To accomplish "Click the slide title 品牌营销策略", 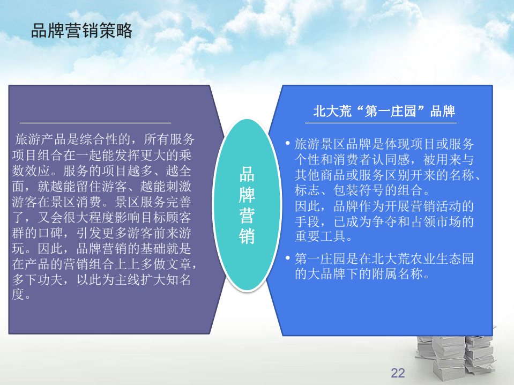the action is tap(81, 31).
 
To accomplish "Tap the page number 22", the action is tap(398, 373).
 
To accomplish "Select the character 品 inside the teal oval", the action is tap(247, 174).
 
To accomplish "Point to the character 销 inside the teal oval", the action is tap(247, 236).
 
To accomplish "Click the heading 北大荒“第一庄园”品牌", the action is tap(384, 111).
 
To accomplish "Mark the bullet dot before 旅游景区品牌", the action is tap(288, 143).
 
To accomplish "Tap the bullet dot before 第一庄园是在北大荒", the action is tap(288, 258).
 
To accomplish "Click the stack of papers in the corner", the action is tap(456, 356).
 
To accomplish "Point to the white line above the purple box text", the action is tap(95, 123).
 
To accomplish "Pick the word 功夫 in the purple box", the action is tap(50, 280).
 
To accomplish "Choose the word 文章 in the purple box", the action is tap(178, 264).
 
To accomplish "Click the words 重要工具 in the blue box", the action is tap(320, 236).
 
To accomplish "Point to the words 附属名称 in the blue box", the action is tap(397, 273).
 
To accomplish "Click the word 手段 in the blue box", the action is tap(307, 221).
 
